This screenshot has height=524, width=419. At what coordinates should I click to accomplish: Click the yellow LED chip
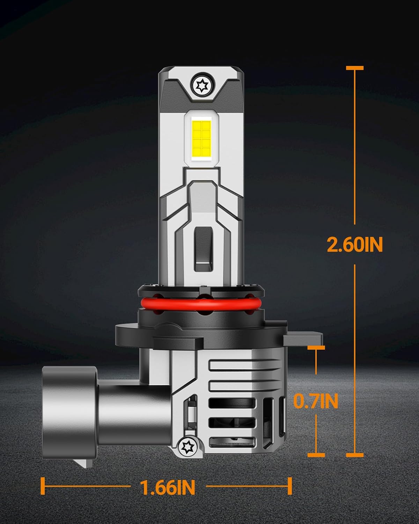pyautogui.click(x=201, y=139)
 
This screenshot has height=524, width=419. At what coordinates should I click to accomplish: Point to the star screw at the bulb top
pyautogui.click(x=202, y=86)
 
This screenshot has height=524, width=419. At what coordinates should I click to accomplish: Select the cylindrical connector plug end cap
pyautogui.click(x=70, y=412)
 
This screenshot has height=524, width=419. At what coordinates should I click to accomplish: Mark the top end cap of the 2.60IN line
pyautogui.click(x=355, y=68)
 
